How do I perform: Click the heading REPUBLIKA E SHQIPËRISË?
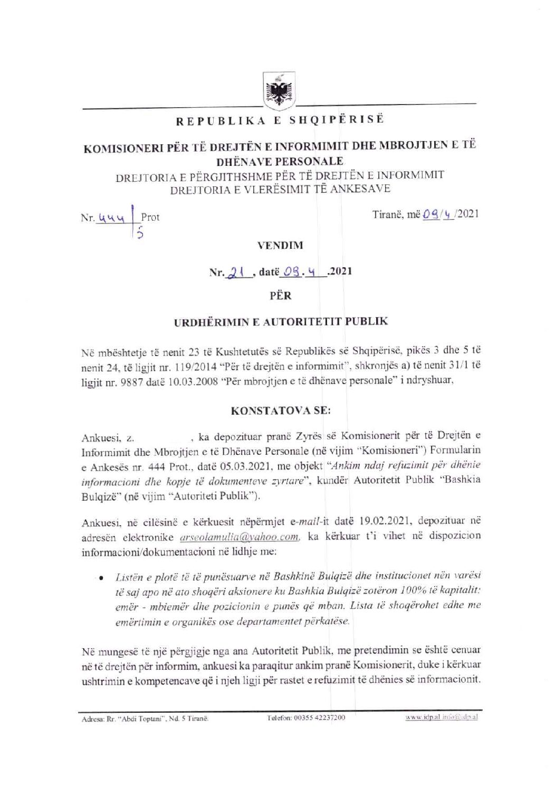tap(280, 120)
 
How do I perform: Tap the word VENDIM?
tap(280, 245)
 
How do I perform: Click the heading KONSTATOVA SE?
tap(281, 409)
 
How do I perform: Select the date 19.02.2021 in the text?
tap(384, 521)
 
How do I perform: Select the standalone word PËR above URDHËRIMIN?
tap(280, 295)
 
